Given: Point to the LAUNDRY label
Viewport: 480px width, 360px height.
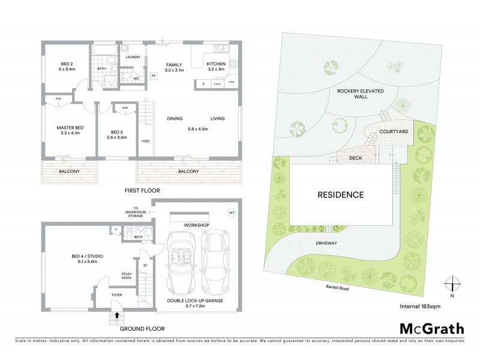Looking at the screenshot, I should coord(133,57).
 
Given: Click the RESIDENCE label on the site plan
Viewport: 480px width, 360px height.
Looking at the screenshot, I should coord(340,194).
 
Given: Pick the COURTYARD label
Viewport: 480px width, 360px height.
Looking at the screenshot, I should coord(394,131).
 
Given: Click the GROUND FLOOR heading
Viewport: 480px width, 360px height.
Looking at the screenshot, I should coord(143,329).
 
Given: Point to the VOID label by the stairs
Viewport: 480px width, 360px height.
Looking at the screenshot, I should coord(145,142).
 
